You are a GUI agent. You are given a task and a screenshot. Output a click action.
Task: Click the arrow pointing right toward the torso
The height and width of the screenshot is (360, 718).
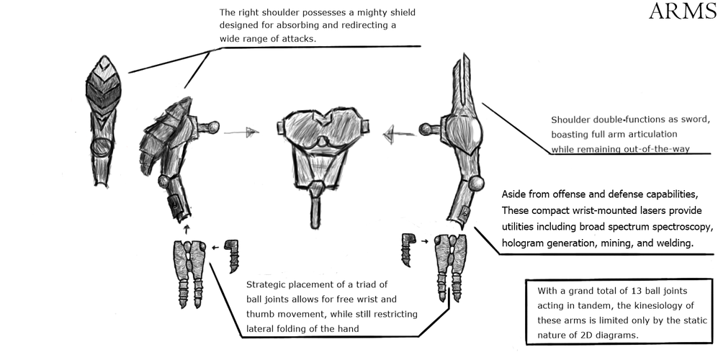[241, 132]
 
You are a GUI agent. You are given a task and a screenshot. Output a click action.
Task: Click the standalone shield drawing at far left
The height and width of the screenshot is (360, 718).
[103, 122]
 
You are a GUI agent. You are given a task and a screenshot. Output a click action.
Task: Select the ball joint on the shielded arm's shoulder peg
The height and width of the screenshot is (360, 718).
[212, 126]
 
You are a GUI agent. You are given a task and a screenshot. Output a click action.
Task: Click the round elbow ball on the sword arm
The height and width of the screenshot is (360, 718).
[477, 184]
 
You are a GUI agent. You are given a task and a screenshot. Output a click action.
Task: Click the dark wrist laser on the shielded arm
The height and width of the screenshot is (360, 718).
[174, 202]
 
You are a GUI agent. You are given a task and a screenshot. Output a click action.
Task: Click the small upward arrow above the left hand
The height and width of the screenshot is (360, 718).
[186, 228]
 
